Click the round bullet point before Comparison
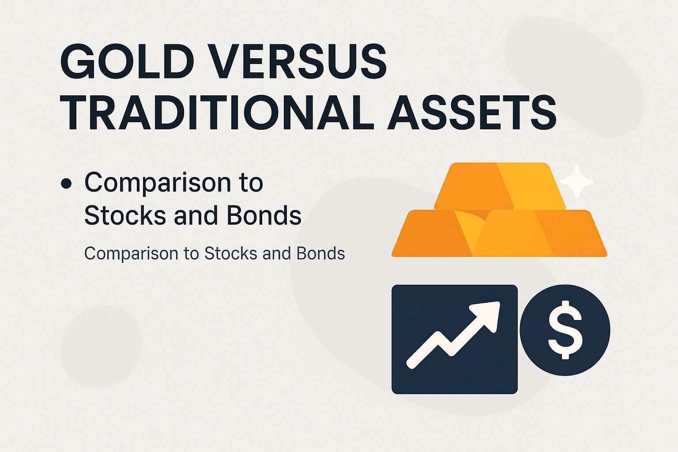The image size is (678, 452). click(67, 184)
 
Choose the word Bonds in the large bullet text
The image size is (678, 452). click(264, 216)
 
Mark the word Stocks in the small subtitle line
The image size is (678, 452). click(231, 254)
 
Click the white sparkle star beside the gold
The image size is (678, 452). click(576, 181)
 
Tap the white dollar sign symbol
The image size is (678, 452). click(565, 330)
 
